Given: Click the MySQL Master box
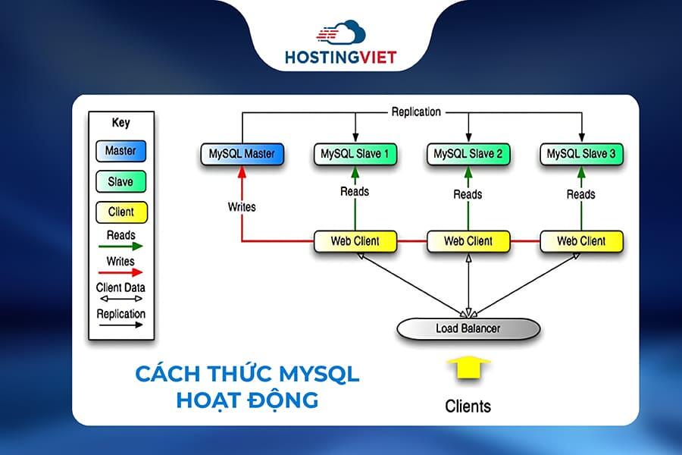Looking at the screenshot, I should (242, 155).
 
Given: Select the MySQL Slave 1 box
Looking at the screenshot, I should (355, 155).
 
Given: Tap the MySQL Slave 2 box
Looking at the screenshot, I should (468, 155).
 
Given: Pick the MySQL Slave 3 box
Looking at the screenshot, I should (581, 155).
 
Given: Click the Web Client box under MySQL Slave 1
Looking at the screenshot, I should (355, 241).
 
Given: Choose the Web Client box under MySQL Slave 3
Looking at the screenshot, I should (581, 241).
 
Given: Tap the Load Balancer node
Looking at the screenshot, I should (468, 328).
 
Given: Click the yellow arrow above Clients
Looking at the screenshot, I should (468, 369).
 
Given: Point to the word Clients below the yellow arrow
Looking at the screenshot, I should (468, 406).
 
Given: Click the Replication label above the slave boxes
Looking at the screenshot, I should (416, 111).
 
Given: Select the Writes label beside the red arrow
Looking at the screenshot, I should (242, 206).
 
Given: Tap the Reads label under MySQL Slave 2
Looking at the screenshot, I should (468, 194).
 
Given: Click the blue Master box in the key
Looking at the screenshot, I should (120, 151).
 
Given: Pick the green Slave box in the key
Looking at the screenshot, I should (120, 182).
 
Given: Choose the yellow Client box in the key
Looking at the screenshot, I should (120, 212).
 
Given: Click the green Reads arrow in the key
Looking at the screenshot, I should (120, 246).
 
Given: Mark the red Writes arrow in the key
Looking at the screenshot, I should (120, 272).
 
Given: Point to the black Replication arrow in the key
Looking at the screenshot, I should (120, 325).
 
